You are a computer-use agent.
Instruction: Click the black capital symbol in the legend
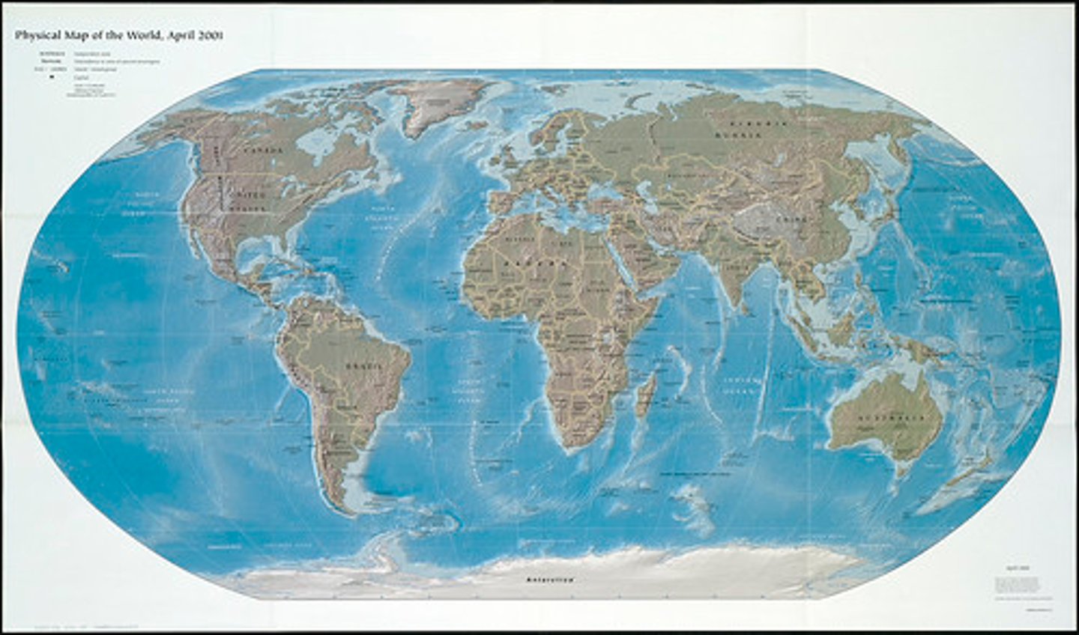tap(52, 76)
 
